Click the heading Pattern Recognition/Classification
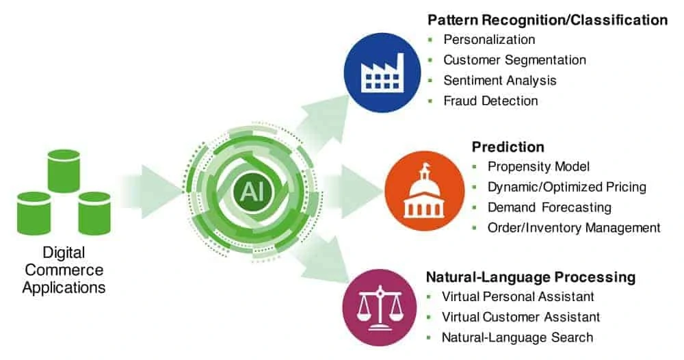coord(547,20)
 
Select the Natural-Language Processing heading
coord(531,277)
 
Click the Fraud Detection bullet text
coord(490,101)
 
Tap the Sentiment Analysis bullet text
coord(500,80)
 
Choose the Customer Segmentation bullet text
coord(514,60)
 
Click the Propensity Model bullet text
coord(538,166)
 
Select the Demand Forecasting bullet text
coord(549,207)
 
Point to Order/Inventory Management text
coord(574,227)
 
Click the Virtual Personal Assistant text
coord(518,296)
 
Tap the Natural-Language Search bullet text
coord(517,337)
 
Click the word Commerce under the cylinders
coord(64,270)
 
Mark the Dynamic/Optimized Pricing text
coord(566,187)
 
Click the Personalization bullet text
coord(489,39)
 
